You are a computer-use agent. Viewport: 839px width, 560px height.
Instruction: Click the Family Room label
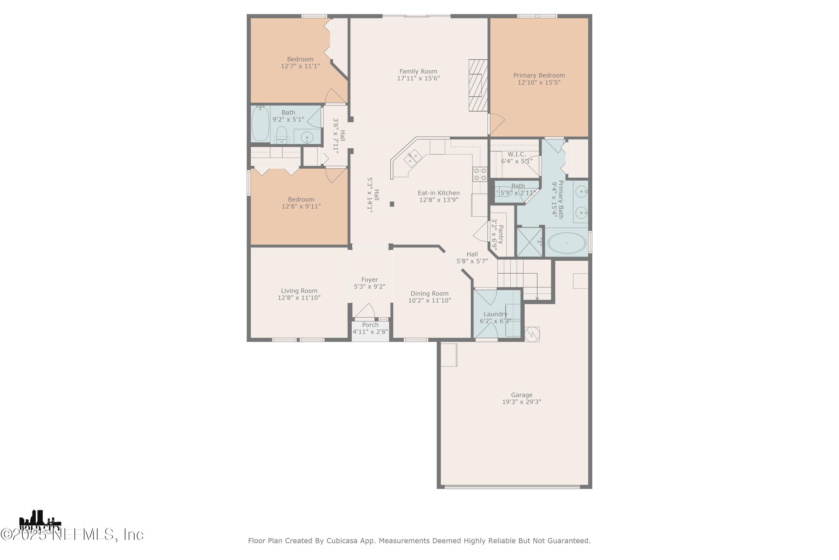pyautogui.click(x=418, y=71)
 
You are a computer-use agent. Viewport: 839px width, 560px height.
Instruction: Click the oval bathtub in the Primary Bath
pyautogui.click(x=567, y=243)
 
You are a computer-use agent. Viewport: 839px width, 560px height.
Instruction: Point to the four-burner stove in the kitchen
pyautogui.click(x=480, y=174)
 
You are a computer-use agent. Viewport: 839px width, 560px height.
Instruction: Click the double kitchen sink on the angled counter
pyautogui.click(x=413, y=158)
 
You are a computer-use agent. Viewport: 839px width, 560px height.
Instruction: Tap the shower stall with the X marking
pyautogui.click(x=529, y=242)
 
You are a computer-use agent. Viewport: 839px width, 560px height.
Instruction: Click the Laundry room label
pyautogui.click(x=495, y=314)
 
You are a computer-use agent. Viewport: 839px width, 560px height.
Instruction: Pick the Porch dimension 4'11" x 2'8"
pyautogui.click(x=370, y=332)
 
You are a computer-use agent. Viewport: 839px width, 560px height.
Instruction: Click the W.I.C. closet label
pyautogui.click(x=517, y=154)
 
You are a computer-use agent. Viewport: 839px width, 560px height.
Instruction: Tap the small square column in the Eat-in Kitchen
pyautogui.click(x=392, y=204)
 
